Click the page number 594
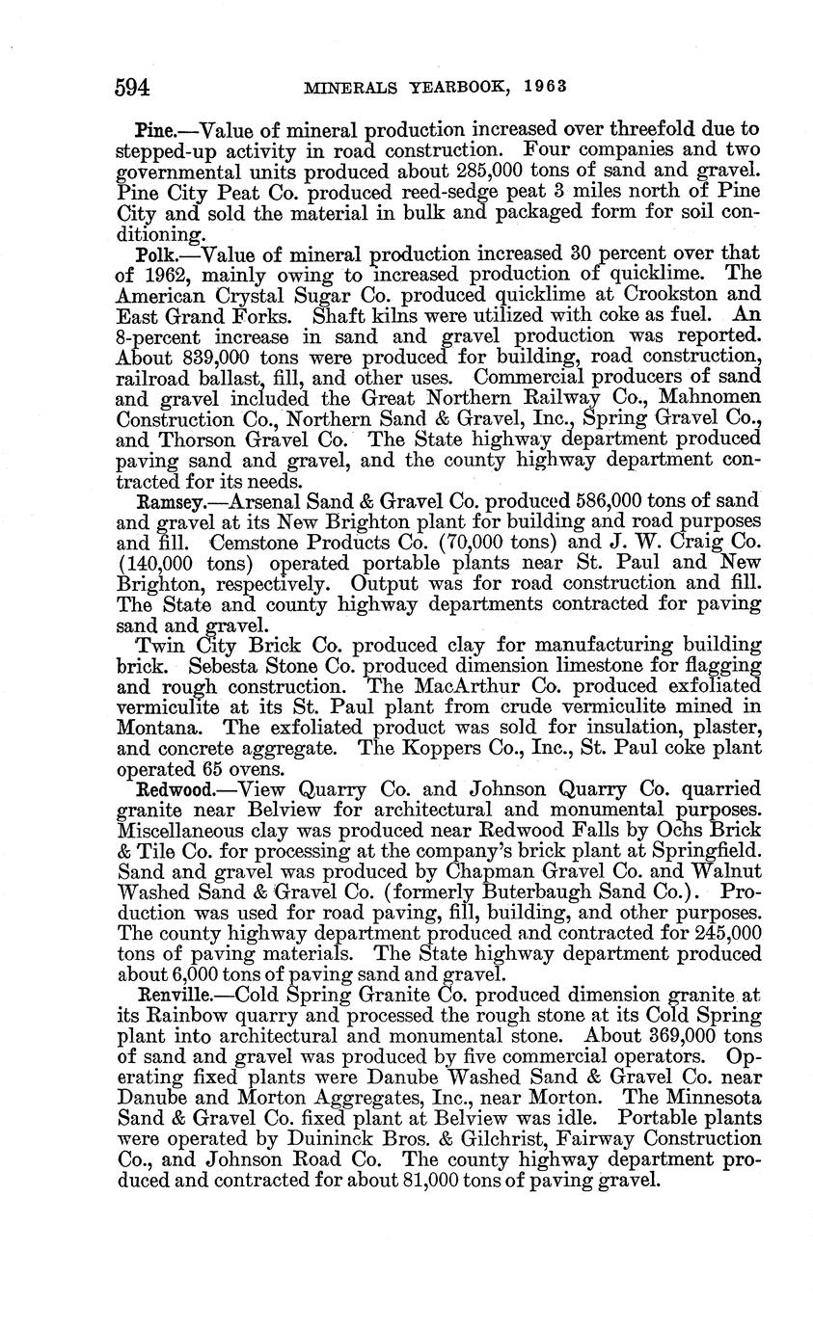point(133,88)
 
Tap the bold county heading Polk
point(155,253)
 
